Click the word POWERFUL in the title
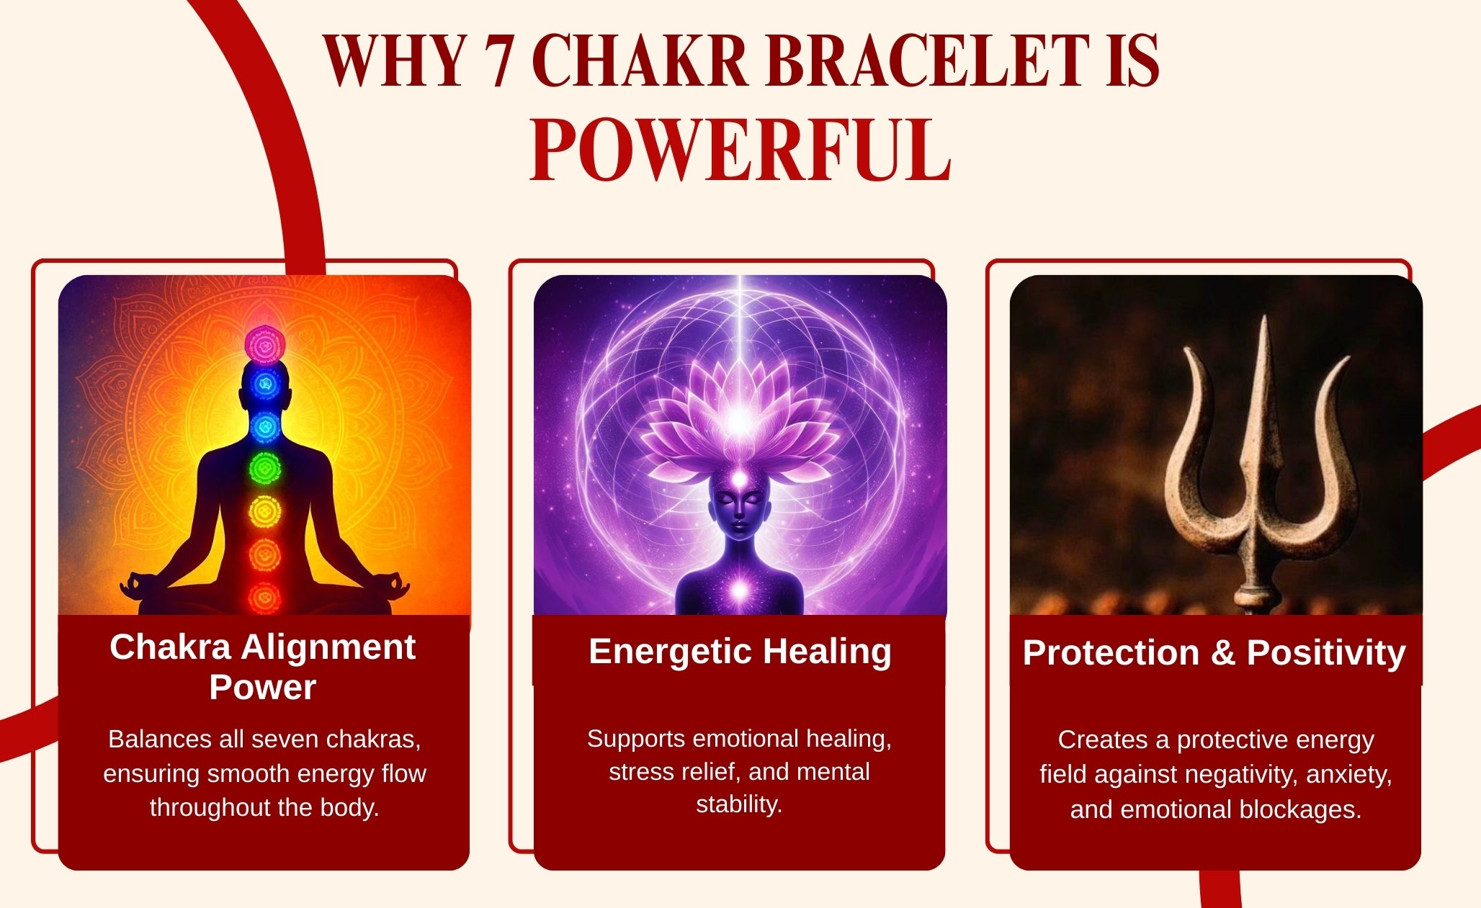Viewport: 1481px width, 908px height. [x=740, y=150]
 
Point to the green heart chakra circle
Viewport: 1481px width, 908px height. [x=265, y=469]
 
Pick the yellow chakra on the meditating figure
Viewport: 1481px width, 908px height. [x=265, y=512]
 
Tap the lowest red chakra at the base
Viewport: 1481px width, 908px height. [x=264, y=597]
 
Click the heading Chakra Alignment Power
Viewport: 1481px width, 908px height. [x=263, y=667]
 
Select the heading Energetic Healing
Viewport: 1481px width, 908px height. [x=740, y=652]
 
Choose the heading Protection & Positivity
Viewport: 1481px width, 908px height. [x=1214, y=653]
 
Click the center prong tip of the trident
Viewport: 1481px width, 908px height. [x=1263, y=318]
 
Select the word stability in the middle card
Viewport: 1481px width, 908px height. [x=739, y=804]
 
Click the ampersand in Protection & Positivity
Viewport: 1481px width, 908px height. [x=1222, y=653]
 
